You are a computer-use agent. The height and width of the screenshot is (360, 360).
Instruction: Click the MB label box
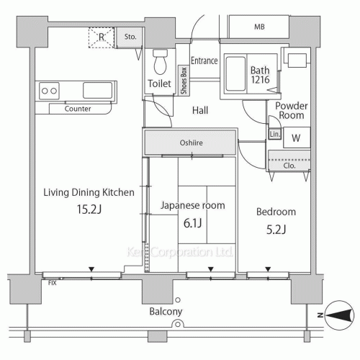[258, 28]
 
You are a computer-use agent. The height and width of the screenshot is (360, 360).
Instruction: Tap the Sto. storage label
[130, 36]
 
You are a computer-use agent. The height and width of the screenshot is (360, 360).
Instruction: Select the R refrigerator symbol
[102, 35]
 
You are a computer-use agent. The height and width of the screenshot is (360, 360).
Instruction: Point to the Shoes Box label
[184, 81]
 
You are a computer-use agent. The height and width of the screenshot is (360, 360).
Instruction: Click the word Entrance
[204, 61]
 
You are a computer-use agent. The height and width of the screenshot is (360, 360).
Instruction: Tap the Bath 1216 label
[260, 75]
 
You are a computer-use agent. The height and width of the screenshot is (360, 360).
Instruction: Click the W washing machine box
[296, 138]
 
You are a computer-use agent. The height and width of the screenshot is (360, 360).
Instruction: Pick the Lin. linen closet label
[274, 135]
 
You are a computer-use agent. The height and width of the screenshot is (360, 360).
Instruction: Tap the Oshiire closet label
[191, 143]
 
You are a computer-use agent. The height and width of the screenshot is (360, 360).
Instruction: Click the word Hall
[201, 111]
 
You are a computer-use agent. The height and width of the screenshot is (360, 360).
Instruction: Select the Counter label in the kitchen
[77, 109]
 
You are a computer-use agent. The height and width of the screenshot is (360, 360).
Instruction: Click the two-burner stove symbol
[50, 91]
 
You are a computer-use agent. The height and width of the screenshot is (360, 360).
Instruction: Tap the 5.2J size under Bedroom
[276, 230]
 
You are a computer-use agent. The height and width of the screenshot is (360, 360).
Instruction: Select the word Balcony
[166, 312]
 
